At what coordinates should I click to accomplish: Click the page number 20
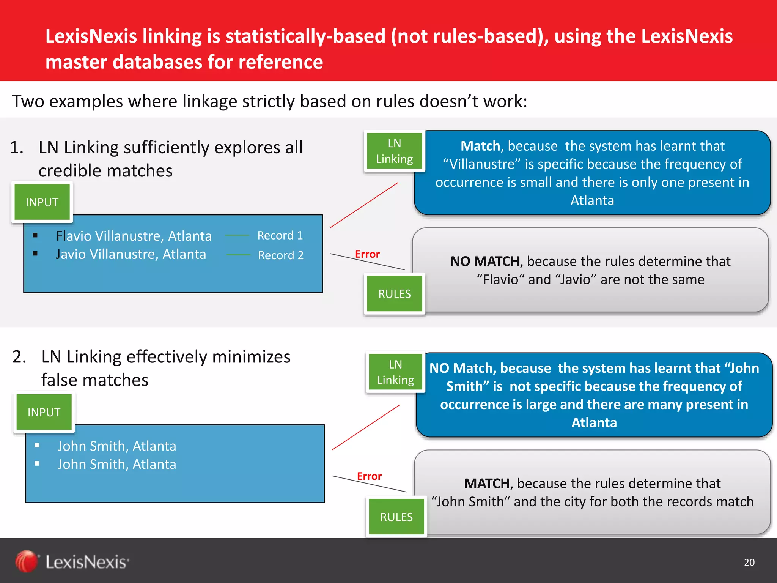pos(749,562)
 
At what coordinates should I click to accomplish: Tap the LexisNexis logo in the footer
pos(72,562)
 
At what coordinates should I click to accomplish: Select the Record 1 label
pos(280,235)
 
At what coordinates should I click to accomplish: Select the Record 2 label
pos(281,255)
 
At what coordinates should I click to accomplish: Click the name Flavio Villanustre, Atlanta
pos(134,236)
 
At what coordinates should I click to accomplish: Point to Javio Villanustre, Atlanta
pos(131,254)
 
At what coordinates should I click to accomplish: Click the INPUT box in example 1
pos(42,202)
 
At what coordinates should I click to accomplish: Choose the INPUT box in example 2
pos(44,412)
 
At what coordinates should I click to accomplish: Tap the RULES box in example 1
pos(395,294)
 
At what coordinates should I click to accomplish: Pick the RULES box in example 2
pos(396,517)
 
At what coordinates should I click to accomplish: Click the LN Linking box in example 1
pos(395,151)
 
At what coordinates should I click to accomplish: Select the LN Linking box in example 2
pos(396,372)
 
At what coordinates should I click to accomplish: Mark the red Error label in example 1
pos(367,254)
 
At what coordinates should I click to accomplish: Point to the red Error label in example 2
pos(369,476)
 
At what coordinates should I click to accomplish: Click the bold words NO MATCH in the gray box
pos(484,261)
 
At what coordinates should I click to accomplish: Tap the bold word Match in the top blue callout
pos(480,146)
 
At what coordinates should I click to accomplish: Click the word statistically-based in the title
pos(305,36)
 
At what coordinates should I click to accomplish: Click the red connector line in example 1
pos(364,205)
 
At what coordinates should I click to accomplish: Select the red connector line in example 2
pos(366,427)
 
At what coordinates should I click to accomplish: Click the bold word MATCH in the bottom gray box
pos(487,484)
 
